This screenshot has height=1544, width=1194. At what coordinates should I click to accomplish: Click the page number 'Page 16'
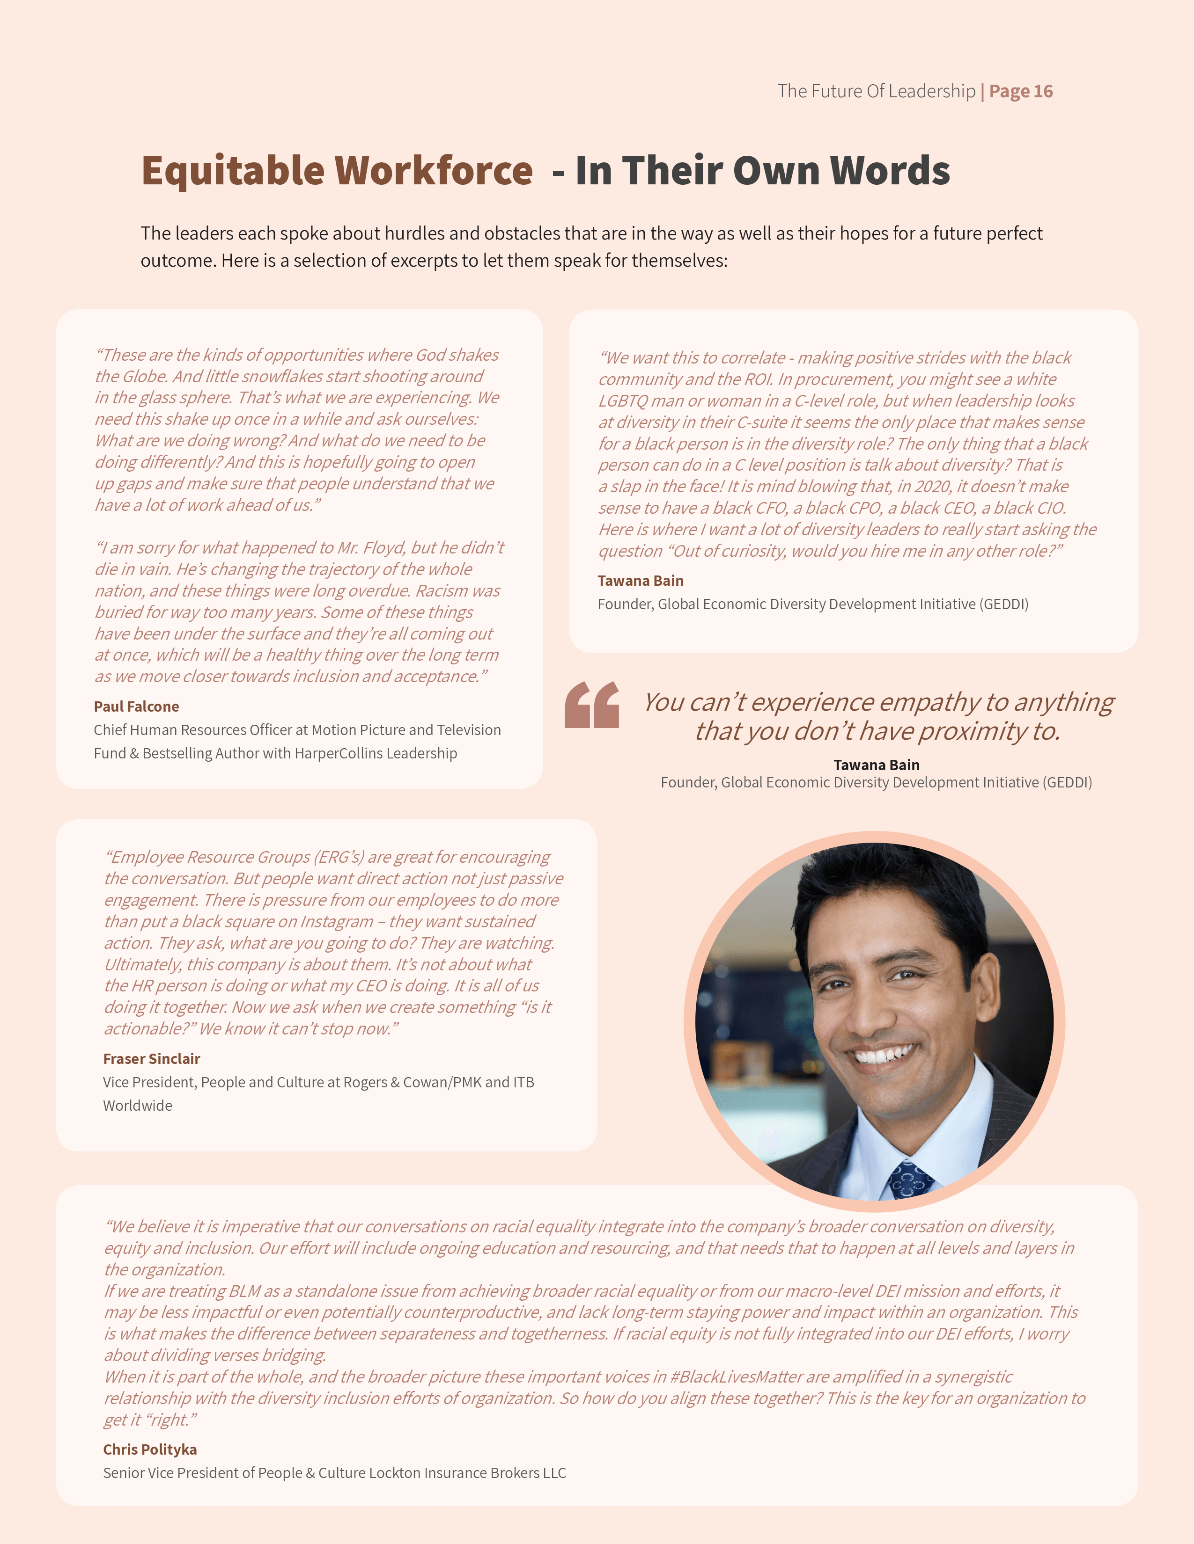[x=1021, y=91]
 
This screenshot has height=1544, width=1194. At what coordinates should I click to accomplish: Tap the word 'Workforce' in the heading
[x=433, y=171]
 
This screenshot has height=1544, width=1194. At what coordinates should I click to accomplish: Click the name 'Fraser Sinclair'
[x=151, y=1058]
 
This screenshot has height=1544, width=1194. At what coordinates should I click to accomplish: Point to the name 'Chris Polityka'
[x=150, y=1449]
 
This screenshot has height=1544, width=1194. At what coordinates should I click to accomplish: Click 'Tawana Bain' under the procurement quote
[x=640, y=581]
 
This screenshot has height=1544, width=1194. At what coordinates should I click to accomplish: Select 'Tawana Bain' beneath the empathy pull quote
[x=877, y=765]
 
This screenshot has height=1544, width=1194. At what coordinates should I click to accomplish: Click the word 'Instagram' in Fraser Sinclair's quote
[x=337, y=922]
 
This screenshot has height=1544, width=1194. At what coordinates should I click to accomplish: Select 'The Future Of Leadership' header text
[x=876, y=91]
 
